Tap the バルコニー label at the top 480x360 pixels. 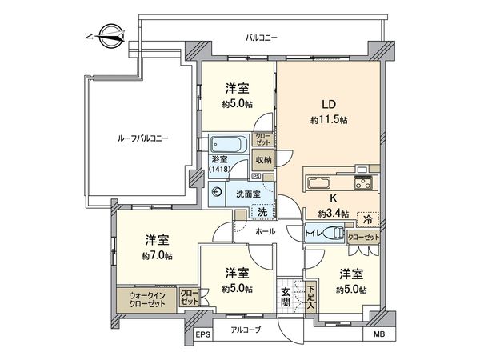pos(261,37)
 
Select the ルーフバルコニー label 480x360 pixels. pos(137,138)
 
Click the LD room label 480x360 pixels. pos(329,104)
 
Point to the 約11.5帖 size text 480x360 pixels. pos(329,119)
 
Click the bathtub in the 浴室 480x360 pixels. pos(230,146)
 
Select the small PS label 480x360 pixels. pos(256,176)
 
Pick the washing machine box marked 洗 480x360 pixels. pos(261,211)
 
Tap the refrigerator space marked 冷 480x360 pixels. pos(367,218)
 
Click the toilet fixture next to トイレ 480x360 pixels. pos(338,235)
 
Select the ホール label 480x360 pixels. pos(265,231)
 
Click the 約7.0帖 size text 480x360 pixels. pos(156,255)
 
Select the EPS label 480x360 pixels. pos(203,335)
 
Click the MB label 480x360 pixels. pos(379,334)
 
